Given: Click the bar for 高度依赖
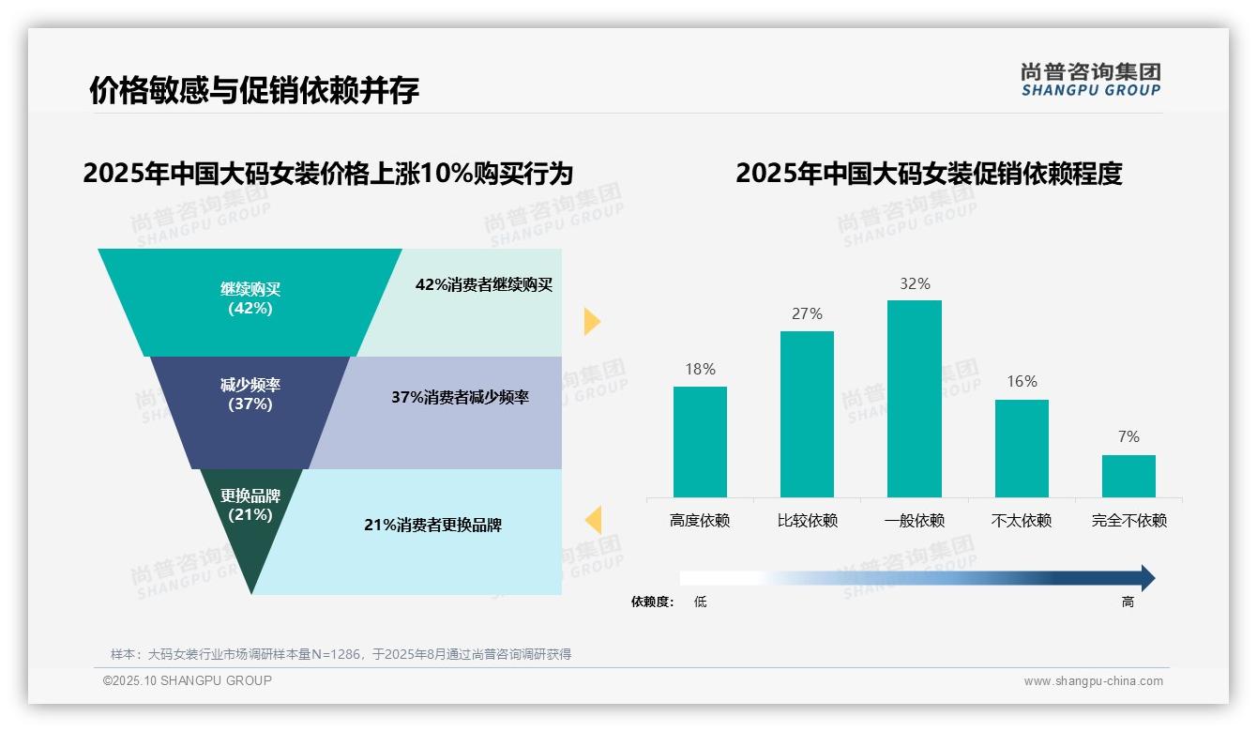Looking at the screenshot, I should click(x=700, y=441).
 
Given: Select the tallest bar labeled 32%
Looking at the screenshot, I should click(x=914, y=398).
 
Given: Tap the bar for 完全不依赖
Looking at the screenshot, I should click(x=1128, y=476).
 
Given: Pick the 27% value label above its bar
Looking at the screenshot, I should click(x=807, y=313).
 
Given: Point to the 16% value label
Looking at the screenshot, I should click(x=1022, y=381).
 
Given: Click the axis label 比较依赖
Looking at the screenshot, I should click(x=807, y=520).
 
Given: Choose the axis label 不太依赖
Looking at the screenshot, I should click(x=1022, y=520).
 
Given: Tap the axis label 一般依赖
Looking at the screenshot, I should click(x=914, y=520).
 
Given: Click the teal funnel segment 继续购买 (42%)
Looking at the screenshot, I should click(x=250, y=298).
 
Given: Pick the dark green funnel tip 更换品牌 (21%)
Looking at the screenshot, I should click(x=250, y=526).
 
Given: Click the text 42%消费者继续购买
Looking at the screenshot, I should click(x=484, y=284).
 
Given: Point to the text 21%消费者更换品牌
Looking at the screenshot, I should click(x=432, y=525).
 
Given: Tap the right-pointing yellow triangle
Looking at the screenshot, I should click(x=591, y=321).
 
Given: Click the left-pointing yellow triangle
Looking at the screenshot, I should click(x=593, y=519).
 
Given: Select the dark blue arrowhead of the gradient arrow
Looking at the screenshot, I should click(x=1147, y=578).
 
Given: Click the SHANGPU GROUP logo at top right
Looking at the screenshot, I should click(x=1090, y=80).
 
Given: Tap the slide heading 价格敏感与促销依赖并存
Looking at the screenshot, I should click(x=253, y=90).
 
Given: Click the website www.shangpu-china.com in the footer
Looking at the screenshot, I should click(x=1093, y=681).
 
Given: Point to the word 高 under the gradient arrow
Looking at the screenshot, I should click(x=1128, y=602).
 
